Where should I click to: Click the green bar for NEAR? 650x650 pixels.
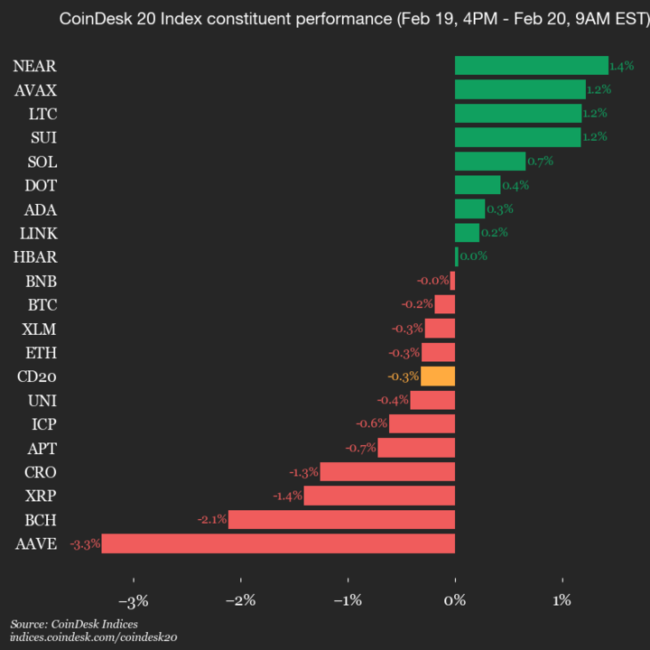coord(531,65)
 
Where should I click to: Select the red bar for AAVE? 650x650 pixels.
coord(278,543)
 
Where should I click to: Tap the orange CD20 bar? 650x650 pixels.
coord(438,376)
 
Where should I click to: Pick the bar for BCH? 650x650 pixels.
coord(341,519)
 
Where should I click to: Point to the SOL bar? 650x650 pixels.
coord(489,161)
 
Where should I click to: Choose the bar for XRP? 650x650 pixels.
coord(379,496)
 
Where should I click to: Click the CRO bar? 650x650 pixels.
coord(387,471)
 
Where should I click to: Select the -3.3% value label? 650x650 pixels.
coord(85,543)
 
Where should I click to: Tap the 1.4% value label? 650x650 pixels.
coord(622,66)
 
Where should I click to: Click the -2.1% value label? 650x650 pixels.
coord(212,520)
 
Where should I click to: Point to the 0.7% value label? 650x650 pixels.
coord(540,162)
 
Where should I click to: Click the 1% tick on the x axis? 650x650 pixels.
coord(562,601)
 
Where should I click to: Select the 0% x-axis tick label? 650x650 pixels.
coord(455,601)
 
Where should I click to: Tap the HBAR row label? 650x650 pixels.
coord(35,256)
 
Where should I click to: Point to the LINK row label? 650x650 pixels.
coord(38,233)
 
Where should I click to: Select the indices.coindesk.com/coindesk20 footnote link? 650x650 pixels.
coord(94,636)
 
